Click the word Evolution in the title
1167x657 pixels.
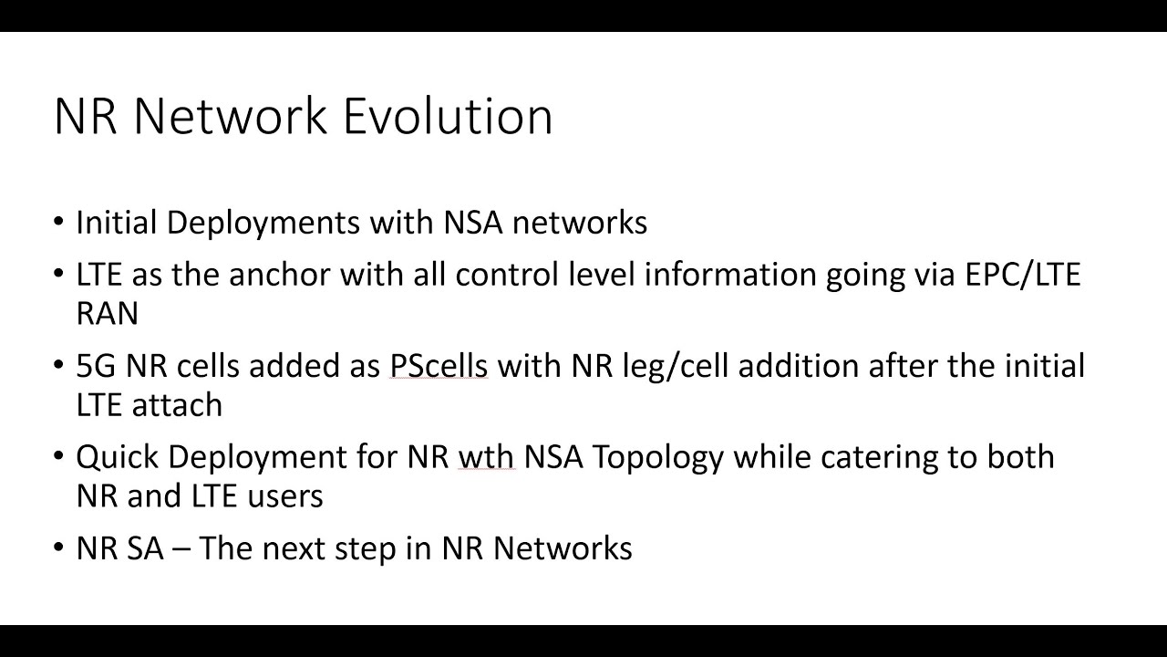tap(448, 117)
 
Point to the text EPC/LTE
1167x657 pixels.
tap(1023, 275)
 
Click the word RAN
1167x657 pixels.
tap(108, 314)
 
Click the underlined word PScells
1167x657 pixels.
tap(439, 366)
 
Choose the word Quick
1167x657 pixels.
tap(117, 456)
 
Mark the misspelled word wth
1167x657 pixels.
tap(486, 456)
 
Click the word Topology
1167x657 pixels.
tap(657, 456)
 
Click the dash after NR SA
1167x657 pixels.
tap(181, 549)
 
